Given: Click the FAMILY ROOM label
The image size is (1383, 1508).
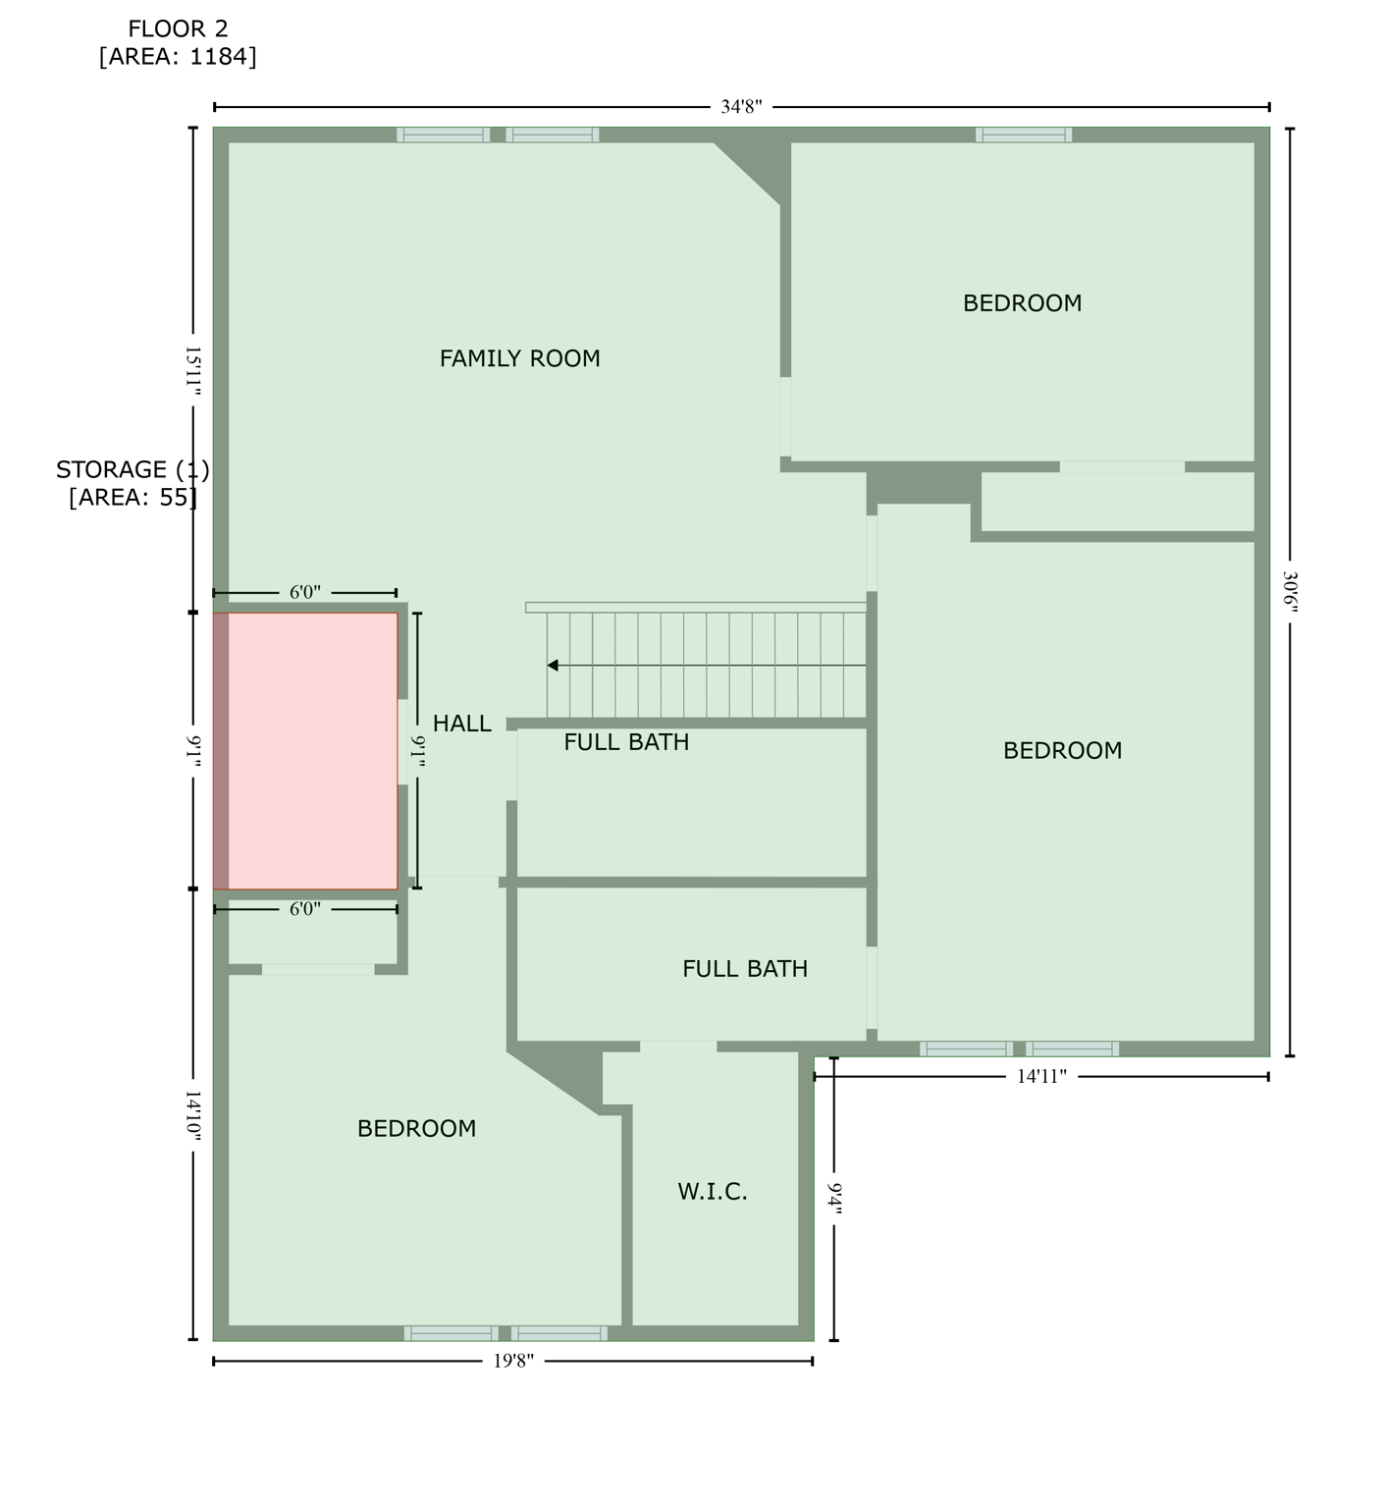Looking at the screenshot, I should [x=519, y=358].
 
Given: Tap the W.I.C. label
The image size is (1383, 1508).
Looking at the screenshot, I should [x=713, y=1192].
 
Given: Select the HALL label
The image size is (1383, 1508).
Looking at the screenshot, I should [x=461, y=724].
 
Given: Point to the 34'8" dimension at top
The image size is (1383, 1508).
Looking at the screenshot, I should [x=741, y=107].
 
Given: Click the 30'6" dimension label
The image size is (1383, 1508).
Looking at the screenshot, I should [x=1290, y=592].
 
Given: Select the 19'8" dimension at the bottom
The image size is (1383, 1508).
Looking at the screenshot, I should [x=513, y=1361].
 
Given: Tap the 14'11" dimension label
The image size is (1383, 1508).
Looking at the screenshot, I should [x=1040, y=1077].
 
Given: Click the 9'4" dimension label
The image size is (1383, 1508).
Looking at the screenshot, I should [x=834, y=1199].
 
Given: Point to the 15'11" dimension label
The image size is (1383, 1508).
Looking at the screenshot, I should [x=193, y=370].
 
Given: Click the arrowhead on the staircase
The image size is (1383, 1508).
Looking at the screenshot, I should [x=553, y=666].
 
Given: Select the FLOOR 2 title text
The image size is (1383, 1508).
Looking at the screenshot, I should [x=178, y=29].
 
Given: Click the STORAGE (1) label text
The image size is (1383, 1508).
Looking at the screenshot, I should [x=133, y=469].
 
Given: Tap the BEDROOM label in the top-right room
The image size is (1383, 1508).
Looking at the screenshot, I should [x=1022, y=303].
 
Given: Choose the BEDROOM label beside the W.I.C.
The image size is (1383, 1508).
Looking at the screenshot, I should [x=416, y=1129].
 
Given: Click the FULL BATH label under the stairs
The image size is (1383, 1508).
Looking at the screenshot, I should [x=626, y=742].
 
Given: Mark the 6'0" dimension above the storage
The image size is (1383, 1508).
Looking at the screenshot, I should [x=304, y=592].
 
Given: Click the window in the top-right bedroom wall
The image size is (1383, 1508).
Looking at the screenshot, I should [x=1023, y=135].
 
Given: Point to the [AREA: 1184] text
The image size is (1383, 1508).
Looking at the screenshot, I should [x=178, y=57].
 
